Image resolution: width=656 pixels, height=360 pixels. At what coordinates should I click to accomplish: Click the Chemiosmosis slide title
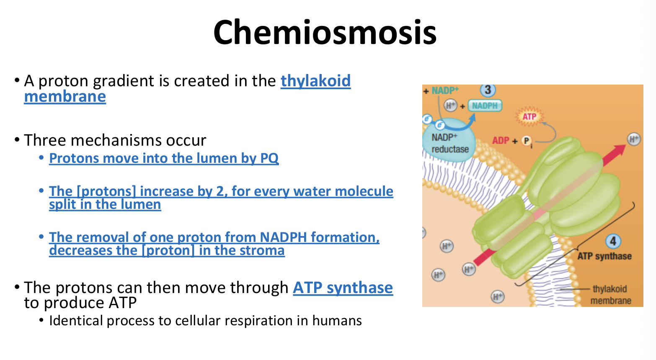click(x=325, y=33)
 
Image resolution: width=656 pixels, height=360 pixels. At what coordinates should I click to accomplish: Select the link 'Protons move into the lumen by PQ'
click(x=164, y=158)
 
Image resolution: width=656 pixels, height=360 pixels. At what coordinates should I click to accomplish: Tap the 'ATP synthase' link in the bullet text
click(x=343, y=288)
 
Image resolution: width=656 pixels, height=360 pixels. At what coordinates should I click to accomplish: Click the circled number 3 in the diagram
click(x=488, y=90)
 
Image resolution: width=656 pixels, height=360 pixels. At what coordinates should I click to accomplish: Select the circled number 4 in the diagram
click(x=613, y=241)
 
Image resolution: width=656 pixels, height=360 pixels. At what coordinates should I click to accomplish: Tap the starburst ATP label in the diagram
click(x=529, y=116)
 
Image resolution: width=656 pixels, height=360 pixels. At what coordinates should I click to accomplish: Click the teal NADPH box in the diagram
click(x=485, y=105)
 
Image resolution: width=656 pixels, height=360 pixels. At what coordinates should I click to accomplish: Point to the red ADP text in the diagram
click(x=501, y=141)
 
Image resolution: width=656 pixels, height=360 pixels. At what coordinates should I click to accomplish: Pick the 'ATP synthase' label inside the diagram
click(x=604, y=256)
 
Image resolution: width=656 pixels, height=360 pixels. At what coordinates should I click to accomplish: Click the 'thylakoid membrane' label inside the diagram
click(x=610, y=295)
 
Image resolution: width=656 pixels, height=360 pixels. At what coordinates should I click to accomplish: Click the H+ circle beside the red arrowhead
click(x=633, y=139)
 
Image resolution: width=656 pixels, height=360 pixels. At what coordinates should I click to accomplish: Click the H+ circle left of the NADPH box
click(x=450, y=105)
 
